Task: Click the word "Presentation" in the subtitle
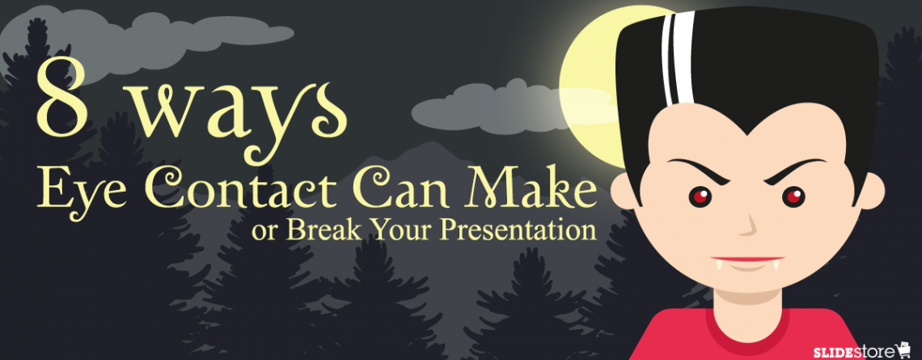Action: click(509, 230)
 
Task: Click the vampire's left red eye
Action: click(698, 196)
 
